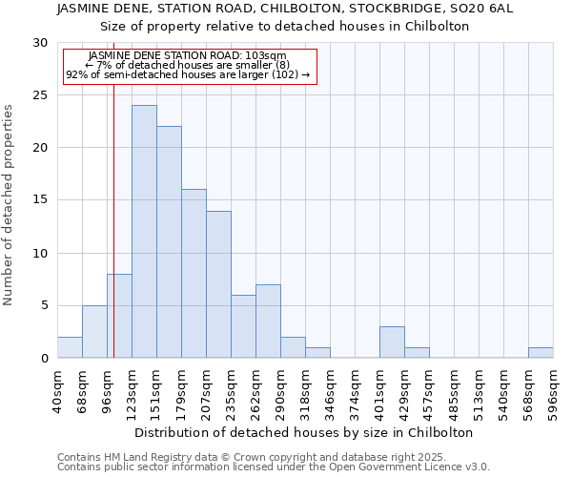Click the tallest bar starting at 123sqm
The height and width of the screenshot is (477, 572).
(144, 232)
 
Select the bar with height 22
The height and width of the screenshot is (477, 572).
(169, 242)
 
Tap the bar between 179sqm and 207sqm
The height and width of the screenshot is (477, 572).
(194, 274)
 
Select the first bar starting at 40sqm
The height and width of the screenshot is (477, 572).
(70, 348)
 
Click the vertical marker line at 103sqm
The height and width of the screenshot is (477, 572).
(113, 191)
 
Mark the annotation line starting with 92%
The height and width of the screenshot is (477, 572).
(188, 74)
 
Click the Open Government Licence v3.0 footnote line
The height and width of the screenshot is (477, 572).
(274, 467)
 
